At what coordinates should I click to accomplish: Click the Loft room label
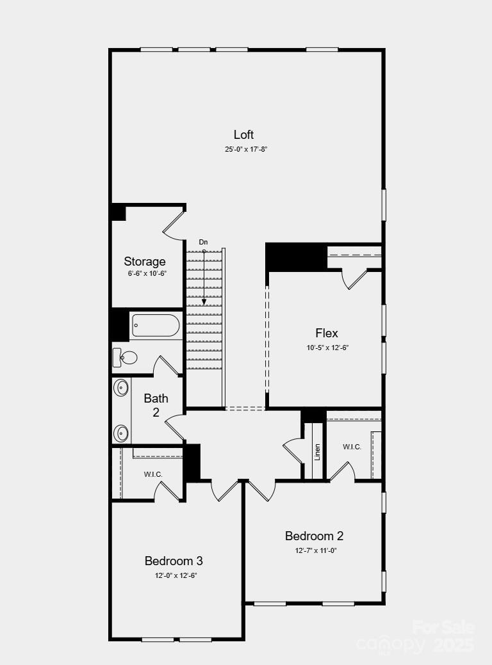pos(243,134)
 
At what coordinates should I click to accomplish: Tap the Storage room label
pos(145,261)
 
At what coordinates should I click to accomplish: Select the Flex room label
pos(327,333)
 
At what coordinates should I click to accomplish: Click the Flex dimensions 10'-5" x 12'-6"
pos(327,348)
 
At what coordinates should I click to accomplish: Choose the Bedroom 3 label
pos(174,561)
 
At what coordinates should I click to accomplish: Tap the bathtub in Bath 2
pos(155,325)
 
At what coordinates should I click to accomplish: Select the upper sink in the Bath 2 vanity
pos(121,387)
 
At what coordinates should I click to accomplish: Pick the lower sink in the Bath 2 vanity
pos(121,433)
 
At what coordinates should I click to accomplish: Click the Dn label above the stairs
pos(203,242)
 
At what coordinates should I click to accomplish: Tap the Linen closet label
pos(317,452)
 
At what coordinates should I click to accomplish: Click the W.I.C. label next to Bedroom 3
pos(153,474)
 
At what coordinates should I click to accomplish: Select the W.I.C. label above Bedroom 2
pos(352,447)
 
